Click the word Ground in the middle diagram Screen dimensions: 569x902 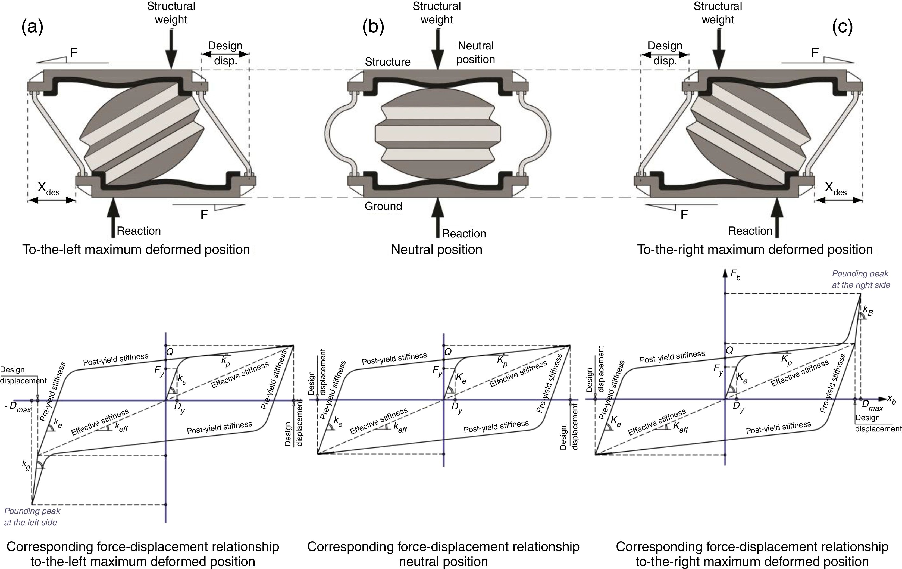383,206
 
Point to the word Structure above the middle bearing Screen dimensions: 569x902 387,61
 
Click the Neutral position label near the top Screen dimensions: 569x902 476,52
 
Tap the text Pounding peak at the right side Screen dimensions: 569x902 861,279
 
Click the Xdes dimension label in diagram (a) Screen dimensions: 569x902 48,189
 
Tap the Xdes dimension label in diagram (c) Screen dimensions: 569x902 835,189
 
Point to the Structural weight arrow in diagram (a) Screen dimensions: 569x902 171,49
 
